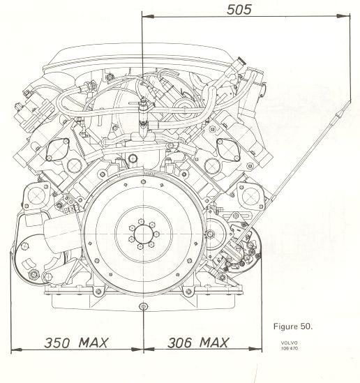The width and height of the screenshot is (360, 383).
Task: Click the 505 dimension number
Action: pyautogui.click(x=239, y=10)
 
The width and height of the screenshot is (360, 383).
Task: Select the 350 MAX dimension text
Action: pyautogui.click(x=76, y=343)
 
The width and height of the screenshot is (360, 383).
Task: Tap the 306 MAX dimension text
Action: pyautogui.click(x=198, y=343)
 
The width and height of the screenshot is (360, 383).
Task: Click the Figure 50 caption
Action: pyautogui.click(x=293, y=326)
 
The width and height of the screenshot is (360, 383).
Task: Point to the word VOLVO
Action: pyautogui.click(x=290, y=343)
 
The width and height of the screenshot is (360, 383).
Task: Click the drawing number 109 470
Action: pyautogui.click(x=290, y=348)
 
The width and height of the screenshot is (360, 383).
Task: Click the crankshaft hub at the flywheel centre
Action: pyautogui.click(x=143, y=234)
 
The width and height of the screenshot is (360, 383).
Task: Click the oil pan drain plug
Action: pyautogui.click(x=143, y=306)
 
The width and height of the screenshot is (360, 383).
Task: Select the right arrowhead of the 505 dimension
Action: pyautogui.click(x=344, y=16)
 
